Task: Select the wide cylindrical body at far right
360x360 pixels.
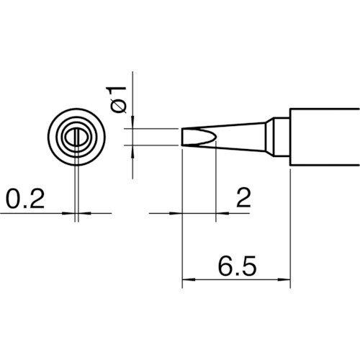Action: (324, 139)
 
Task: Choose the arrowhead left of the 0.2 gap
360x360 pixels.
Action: (70, 213)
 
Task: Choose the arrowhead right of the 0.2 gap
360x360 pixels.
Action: (83, 213)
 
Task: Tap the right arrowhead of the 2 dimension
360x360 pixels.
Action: (222, 213)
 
